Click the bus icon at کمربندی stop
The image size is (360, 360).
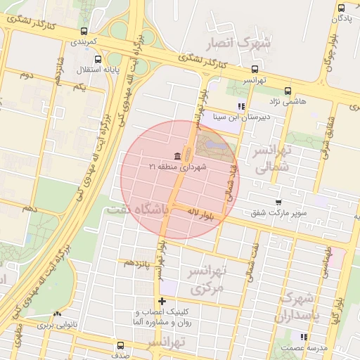click(84, 31)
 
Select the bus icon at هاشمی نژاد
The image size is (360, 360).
click(288, 91)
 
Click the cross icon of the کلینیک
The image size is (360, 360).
click(162, 301)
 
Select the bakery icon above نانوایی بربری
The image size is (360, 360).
click(57, 314)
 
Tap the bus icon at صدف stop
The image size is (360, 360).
click(120, 345)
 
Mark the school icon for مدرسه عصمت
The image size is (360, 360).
click(304, 337)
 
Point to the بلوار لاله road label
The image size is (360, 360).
click(204, 212)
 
